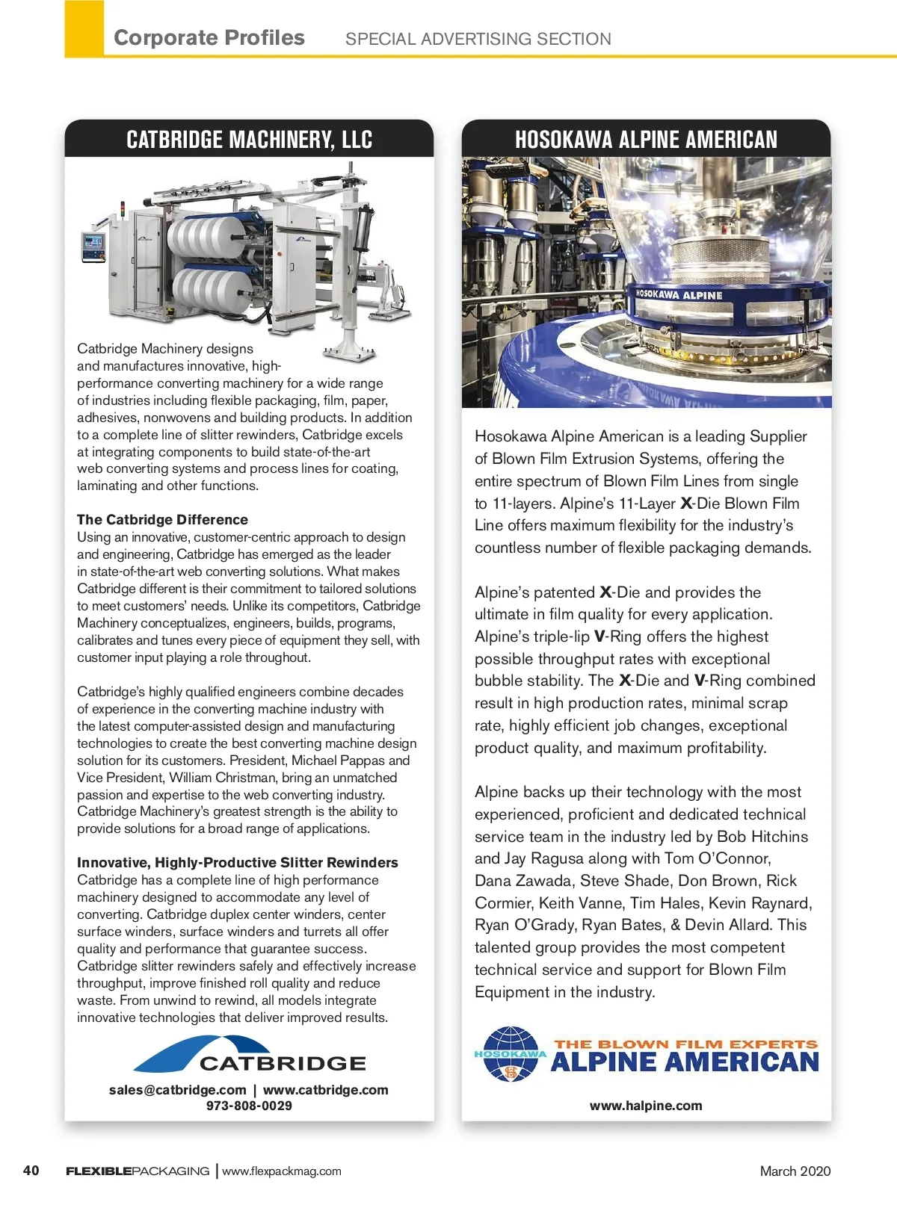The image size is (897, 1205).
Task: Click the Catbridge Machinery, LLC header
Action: pyautogui.click(x=249, y=140)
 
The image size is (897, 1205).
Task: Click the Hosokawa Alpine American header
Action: pyautogui.click(x=646, y=140)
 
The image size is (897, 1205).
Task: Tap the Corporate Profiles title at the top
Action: pyautogui.click(x=209, y=38)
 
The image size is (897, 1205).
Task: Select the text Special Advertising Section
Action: pyautogui.click(x=478, y=39)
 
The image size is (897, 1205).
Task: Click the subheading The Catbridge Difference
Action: pyautogui.click(x=162, y=519)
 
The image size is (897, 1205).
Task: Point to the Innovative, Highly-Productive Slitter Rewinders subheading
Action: pyautogui.click(x=237, y=862)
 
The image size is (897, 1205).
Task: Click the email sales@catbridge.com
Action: pyautogui.click(x=177, y=1089)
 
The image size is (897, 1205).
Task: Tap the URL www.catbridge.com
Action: pyautogui.click(x=325, y=1089)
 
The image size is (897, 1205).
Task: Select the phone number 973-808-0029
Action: pyautogui.click(x=249, y=1106)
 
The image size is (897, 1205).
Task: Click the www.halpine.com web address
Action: pyautogui.click(x=646, y=1106)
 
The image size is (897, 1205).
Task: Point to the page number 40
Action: pyautogui.click(x=31, y=1170)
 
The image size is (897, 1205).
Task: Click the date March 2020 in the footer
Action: pyautogui.click(x=795, y=1171)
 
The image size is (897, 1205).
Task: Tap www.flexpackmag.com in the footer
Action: pyautogui.click(x=282, y=1171)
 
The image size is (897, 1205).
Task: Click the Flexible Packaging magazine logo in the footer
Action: pyautogui.click(x=138, y=1171)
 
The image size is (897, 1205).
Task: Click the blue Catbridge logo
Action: pyautogui.click(x=250, y=1055)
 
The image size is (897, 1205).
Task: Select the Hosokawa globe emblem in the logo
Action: pyautogui.click(x=511, y=1054)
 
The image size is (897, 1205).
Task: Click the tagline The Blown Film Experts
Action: pyautogui.click(x=685, y=1044)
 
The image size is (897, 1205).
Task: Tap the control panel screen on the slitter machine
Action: pyautogui.click(x=93, y=244)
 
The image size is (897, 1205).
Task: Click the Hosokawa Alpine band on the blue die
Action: pyautogui.click(x=679, y=294)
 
